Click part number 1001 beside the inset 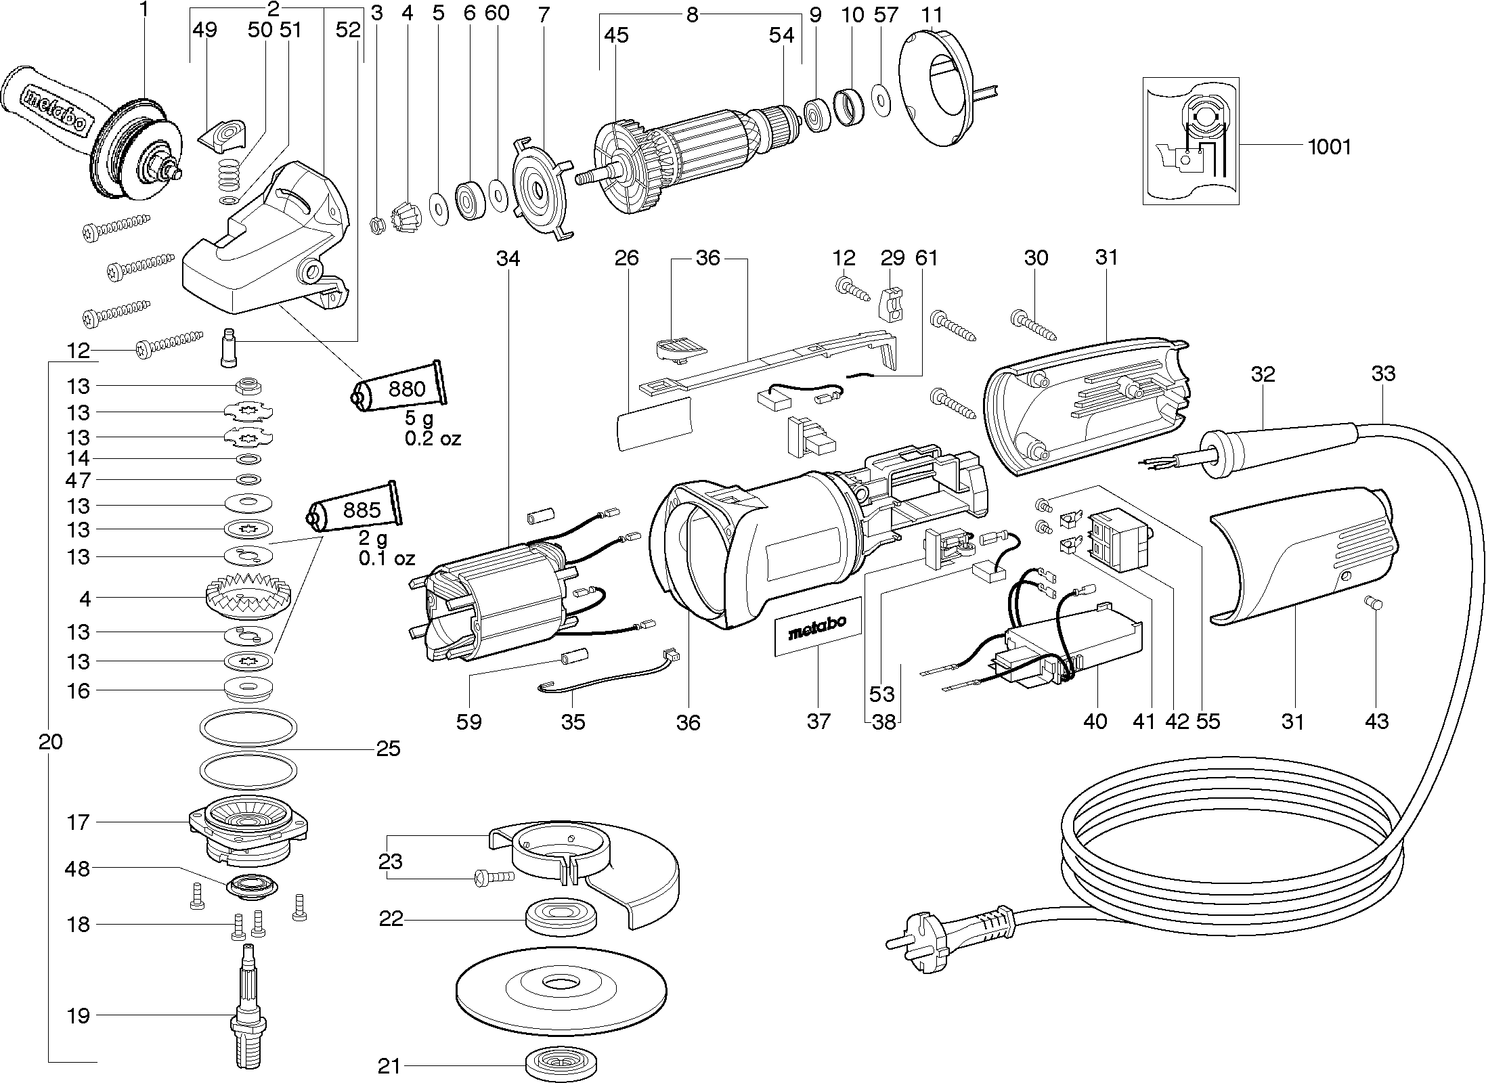(1329, 147)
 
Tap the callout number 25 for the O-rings (389, 749)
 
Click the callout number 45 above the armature (616, 35)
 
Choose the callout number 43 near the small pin (1376, 722)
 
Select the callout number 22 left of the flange (391, 919)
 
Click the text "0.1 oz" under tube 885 (387, 559)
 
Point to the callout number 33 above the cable (1383, 374)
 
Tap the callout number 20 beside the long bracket (51, 742)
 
